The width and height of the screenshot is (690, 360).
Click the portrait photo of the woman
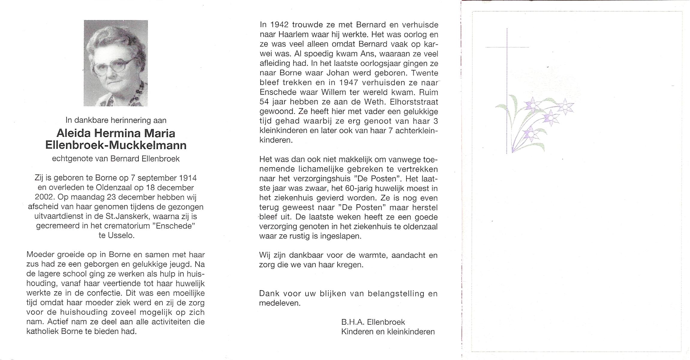116,63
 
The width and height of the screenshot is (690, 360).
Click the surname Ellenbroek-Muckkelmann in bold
116,145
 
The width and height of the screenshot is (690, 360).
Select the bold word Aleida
74,133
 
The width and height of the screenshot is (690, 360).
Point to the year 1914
188,178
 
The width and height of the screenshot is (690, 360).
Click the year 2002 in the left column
44,197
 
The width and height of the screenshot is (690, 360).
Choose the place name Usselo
122,235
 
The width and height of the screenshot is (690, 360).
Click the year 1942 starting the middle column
280,25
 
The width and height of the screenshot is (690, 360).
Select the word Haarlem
288,34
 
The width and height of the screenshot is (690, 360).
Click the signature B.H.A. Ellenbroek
373,322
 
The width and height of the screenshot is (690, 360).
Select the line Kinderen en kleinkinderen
388,331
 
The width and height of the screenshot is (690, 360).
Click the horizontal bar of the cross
507,47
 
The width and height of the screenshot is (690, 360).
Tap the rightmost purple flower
565,107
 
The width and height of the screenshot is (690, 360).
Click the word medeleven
279,303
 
